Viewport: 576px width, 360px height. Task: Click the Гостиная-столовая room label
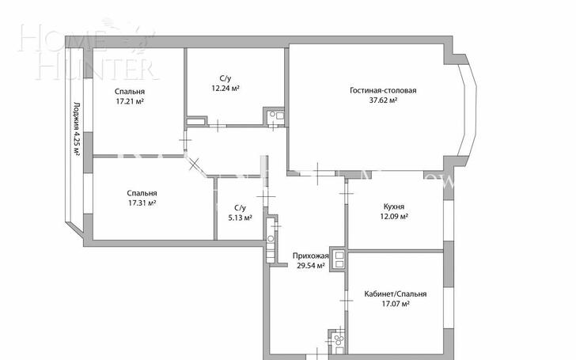click(x=383, y=91)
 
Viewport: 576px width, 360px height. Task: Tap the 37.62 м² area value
click(x=383, y=100)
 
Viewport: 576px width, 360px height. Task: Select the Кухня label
click(x=394, y=207)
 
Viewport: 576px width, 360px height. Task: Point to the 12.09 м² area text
click(x=394, y=216)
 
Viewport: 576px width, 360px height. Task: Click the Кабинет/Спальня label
click(x=396, y=294)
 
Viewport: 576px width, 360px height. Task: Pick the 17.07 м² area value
click(x=396, y=304)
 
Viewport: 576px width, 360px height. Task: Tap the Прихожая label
click(x=310, y=256)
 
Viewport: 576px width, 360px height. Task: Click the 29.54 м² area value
click(x=310, y=266)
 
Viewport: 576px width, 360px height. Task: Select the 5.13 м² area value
click(x=240, y=218)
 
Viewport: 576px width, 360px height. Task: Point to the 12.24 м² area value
click(x=225, y=88)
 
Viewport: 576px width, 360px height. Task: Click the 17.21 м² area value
click(x=130, y=101)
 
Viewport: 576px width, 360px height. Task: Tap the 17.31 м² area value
click(x=142, y=203)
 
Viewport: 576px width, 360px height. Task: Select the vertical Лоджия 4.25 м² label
click(x=77, y=129)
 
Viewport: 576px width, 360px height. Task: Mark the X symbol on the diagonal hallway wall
click(x=194, y=163)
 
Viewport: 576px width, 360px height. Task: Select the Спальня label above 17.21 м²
click(x=130, y=92)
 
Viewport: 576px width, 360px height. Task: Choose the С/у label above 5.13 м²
click(x=240, y=208)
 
